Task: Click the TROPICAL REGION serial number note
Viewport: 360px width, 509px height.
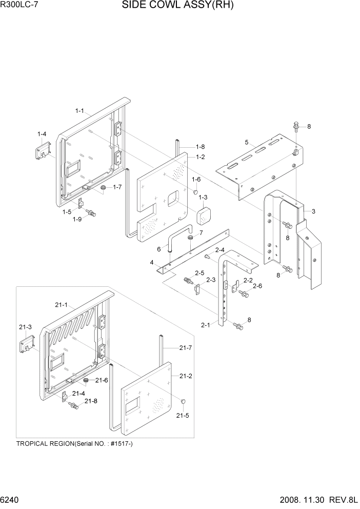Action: pos(75,443)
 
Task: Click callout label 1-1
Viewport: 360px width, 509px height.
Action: pos(79,110)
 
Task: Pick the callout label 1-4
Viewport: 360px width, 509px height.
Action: pos(42,134)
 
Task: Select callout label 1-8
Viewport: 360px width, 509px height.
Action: pos(200,146)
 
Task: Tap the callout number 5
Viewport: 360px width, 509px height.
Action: pos(247,142)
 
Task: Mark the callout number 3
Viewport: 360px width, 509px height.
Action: pos(313,211)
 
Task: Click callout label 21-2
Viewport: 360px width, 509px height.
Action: pos(186,376)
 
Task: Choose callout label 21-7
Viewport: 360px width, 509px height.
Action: pos(186,347)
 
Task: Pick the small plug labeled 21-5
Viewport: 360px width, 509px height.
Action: pos(183,401)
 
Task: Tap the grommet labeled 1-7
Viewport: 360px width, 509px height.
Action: pos(103,189)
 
